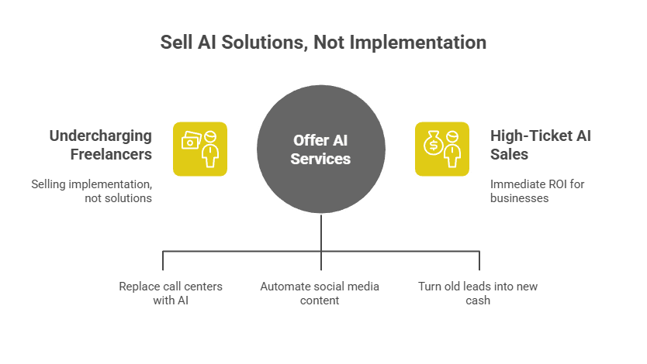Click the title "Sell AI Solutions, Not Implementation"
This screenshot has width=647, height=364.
323,42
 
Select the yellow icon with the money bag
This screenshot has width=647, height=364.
441,149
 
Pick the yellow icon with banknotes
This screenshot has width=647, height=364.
200,149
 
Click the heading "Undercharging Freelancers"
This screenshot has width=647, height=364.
101,145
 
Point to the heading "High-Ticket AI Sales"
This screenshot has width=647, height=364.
540,145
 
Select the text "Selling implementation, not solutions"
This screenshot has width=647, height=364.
92,191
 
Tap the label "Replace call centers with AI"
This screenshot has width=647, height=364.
171,293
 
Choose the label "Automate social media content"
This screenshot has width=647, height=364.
320,293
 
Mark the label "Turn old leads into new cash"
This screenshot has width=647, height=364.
478,293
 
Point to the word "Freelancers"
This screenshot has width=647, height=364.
111,154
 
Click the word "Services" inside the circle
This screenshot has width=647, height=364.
321,159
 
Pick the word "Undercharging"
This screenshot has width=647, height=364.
101,136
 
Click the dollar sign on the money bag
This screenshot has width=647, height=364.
432,145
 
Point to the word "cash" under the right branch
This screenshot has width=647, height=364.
478,300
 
